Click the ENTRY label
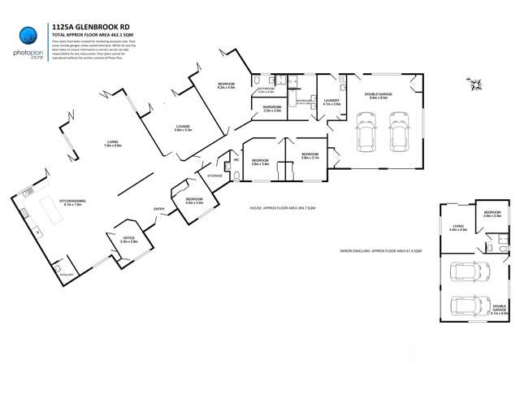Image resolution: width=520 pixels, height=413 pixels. point(158,210)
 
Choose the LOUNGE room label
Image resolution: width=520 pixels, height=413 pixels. point(183,128)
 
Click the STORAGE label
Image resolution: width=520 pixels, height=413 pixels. point(215,176)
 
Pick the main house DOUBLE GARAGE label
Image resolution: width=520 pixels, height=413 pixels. point(379,95)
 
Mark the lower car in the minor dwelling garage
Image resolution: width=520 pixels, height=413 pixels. point(467,306)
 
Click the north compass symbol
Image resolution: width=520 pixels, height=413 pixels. point(474,82)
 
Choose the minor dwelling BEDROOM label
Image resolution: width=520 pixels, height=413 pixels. point(492,215)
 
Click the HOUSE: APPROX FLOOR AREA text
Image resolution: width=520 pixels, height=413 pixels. point(283,209)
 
